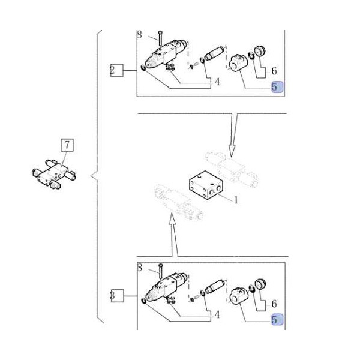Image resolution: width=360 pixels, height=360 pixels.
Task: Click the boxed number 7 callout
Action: pyautogui.click(x=67, y=145)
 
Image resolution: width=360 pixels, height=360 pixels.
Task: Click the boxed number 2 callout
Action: pyautogui.click(x=117, y=70)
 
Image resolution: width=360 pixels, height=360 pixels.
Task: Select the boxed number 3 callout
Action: pyautogui.click(x=117, y=296)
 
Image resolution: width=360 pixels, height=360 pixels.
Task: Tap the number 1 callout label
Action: pyautogui.click(x=236, y=200)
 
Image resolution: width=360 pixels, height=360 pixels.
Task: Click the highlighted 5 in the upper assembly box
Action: pyautogui.click(x=277, y=87)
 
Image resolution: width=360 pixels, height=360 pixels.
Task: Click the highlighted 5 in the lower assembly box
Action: pyautogui.click(x=277, y=320)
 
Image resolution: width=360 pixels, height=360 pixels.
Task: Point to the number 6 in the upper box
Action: pyautogui.click(x=274, y=71)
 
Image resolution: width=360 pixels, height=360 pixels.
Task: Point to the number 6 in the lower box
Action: pyautogui.click(x=274, y=304)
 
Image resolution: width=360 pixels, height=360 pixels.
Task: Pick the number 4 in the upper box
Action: pyautogui.click(x=217, y=82)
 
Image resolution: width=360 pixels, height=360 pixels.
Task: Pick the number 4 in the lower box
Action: pyautogui.click(x=217, y=315)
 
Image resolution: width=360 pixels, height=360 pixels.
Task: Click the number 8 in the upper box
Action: pyautogui.click(x=139, y=35)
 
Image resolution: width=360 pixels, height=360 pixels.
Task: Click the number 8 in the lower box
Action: pyautogui.click(x=139, y=268)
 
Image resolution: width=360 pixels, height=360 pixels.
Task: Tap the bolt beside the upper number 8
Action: pyautogui.click(x=160, y=38)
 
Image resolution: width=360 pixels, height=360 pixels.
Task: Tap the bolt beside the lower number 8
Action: pyautogui.click(x=160, y=271)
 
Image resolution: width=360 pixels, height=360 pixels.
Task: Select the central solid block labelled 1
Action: pyautogui.click(x=206, y=185)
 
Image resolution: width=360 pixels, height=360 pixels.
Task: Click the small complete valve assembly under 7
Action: pyautogui.click(x=54, y=174)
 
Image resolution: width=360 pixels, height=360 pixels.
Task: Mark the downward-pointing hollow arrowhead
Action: pyautogui.click(x=232, y=151)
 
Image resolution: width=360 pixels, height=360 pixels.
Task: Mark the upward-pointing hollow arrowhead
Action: pyautogui.click(x=172, y=219)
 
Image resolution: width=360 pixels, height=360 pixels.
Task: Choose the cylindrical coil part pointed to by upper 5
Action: pyautogui.click(x=238, y=63)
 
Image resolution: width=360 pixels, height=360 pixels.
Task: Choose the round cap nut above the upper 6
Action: pyautogui.click(x=260, y=51)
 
